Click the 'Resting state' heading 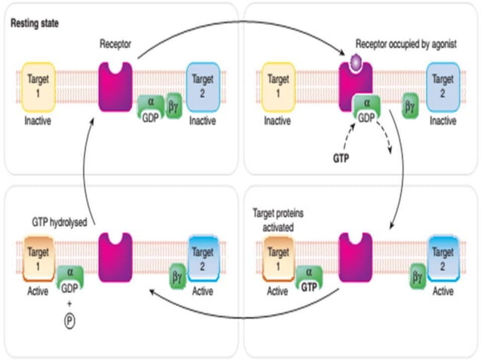pyautogui.click(x=35, y=23)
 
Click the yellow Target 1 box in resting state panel pyautogui.click(x=36, y=82)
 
